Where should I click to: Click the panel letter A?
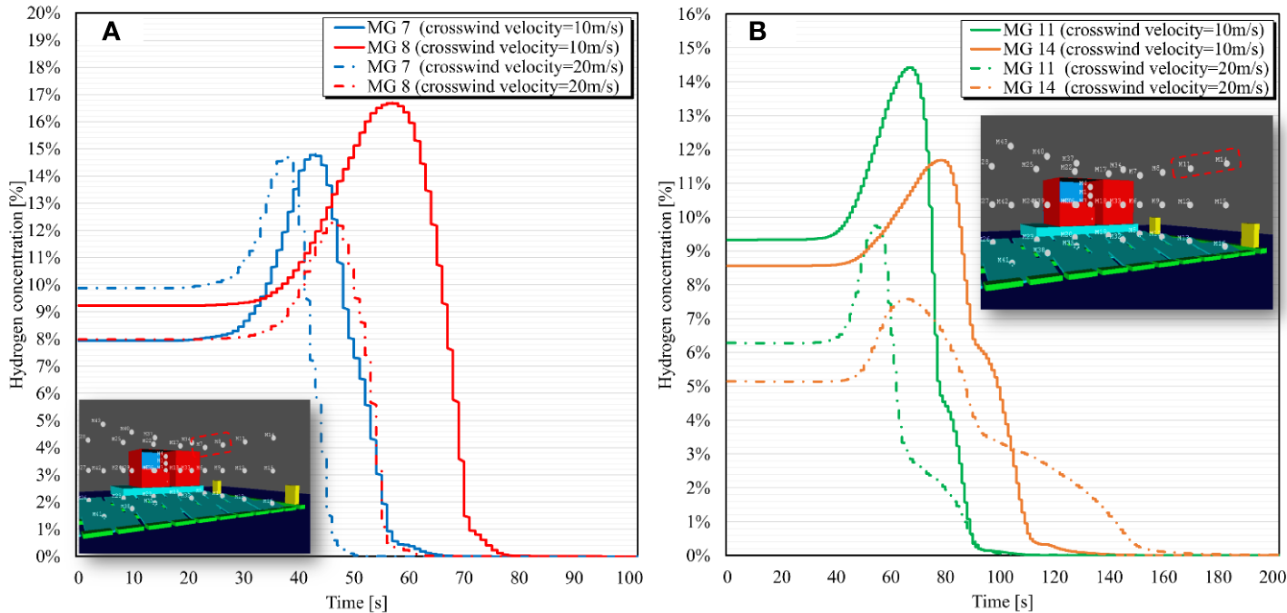(x=111, y=32)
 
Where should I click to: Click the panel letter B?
(x=757, y=32)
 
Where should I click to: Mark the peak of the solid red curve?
(x=391, y=103)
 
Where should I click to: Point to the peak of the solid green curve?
(x=908, y=67)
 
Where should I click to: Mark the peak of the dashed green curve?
(x=876, y=225)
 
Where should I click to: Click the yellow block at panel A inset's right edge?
(x=292, y=494)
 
